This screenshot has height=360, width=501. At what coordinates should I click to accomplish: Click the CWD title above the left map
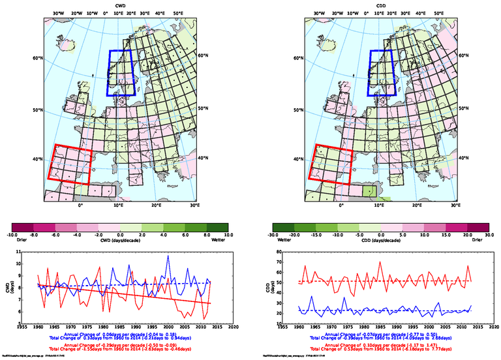click(x=120, y=6)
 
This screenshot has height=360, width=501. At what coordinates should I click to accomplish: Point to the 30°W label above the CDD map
click(x=319, y=13)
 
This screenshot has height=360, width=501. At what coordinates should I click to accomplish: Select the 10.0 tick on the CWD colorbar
click(x=228, y=234)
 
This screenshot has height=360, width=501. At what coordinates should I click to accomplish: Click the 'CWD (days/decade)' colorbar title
click(x=120, y=239)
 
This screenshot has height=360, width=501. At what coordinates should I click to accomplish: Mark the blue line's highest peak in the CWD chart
click(x=168, y=256)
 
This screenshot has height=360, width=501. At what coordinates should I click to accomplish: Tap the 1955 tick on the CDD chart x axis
click(x=289, y=327)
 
